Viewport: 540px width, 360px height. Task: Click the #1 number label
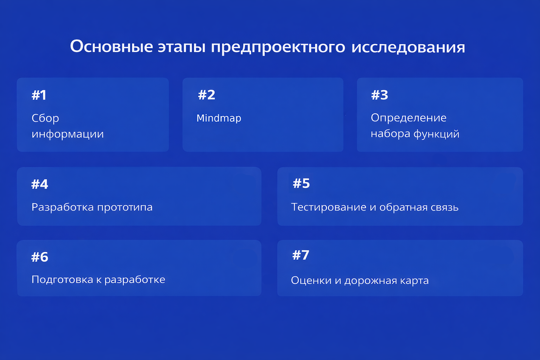(x=39, y=95)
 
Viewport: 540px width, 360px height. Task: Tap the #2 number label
(x=207, y=95)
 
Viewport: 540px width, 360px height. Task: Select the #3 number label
(x=380, y=95)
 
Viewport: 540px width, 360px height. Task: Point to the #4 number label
(x=40, y=184)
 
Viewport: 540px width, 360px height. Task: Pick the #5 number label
(x=301, y=184)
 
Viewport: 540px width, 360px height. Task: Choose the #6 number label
(x=40, y=257)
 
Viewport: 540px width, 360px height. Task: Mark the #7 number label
(x=301, y=255)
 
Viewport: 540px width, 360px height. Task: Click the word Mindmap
(x=219, y=118)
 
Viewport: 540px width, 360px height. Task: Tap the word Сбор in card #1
(x=45, y=118)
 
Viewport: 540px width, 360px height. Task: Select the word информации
(x=67, y=134)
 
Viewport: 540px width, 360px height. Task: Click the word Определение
(x=409, y=118)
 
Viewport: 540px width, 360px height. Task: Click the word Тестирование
(x=329, y=207)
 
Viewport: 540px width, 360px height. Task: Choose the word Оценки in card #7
(x=311, y=281)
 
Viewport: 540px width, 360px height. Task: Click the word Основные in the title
(x=111, y=46)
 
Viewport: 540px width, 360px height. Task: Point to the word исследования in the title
(x=408, y=47)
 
